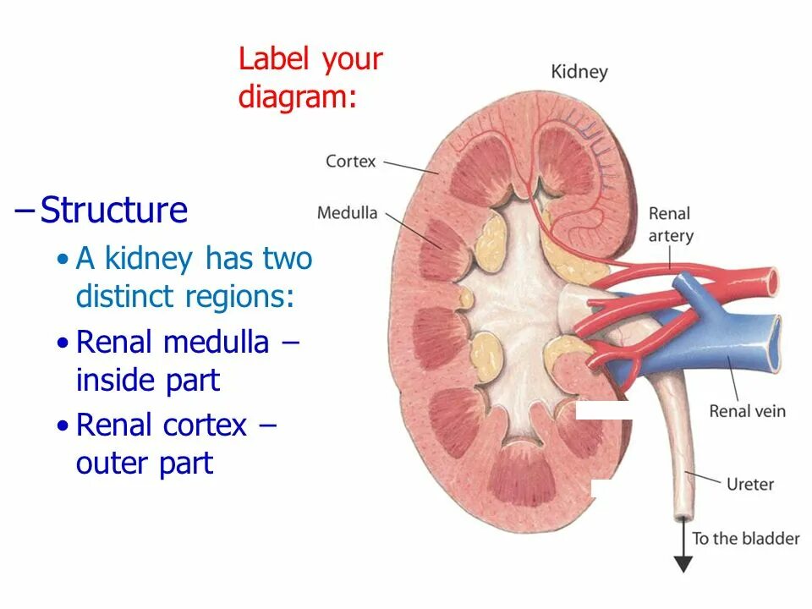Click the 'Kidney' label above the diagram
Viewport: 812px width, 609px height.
[x=579, y=71]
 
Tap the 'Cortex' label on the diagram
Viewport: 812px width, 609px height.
[x=350, y=161]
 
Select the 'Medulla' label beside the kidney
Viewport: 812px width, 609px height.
[x=347, y=212]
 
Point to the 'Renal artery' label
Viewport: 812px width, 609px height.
[x=670, y=225]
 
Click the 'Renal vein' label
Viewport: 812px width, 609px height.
[x=747, y=412]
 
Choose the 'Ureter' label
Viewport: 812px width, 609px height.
[x=749, y=485]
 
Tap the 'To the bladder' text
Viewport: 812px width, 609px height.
[x=745, y=538]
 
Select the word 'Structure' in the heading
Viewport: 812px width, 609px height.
[x=114, y=211]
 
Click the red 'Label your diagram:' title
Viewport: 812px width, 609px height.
[x=310, y=78]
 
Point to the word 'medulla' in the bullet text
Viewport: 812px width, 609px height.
[x=216, y=343]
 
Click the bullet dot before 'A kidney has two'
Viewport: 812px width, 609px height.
[x=62, y=260]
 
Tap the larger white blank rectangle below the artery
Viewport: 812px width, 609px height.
[x=604, y=411]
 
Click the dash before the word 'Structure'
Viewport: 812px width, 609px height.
[x=25, y=211]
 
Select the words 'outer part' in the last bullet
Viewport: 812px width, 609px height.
[x=145, y=464]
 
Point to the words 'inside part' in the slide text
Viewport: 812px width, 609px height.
[x=147, y=381]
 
